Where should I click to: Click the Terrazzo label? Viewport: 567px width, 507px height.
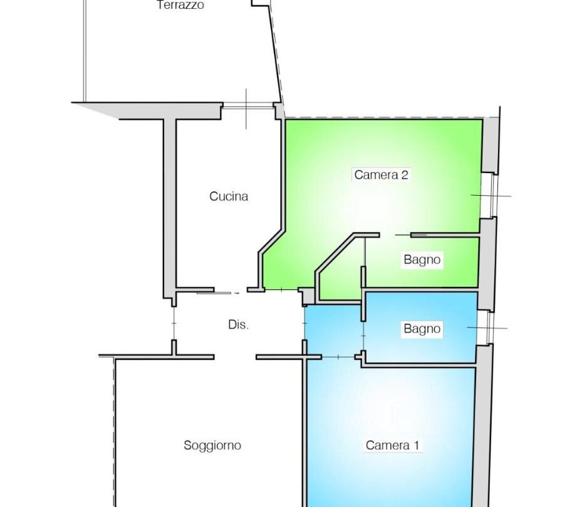[180, 5]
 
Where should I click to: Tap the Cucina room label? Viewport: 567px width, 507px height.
[229, 196]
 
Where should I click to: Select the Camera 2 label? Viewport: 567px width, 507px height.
[381, 174]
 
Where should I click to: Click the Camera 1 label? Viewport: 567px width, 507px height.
[392, 445]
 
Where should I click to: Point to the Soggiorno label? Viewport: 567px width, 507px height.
[212, 445]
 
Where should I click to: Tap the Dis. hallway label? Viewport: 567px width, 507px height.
[238, 325]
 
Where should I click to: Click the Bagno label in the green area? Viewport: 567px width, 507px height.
[422, 260]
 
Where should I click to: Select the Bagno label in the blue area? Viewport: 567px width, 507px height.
[422, 329]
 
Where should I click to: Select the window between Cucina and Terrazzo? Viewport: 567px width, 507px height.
[247, 106]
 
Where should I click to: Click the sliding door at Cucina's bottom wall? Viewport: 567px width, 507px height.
[217, 292]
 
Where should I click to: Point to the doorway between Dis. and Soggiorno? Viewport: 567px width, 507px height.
[235, 357]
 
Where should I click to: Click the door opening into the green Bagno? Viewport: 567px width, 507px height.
[395, 235]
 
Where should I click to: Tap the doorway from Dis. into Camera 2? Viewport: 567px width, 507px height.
[282, 289]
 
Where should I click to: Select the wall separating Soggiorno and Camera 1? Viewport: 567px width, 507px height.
[305, 431]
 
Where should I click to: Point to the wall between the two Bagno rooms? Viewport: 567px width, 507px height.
[421, 290]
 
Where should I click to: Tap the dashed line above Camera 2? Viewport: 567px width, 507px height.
[384, 118]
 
